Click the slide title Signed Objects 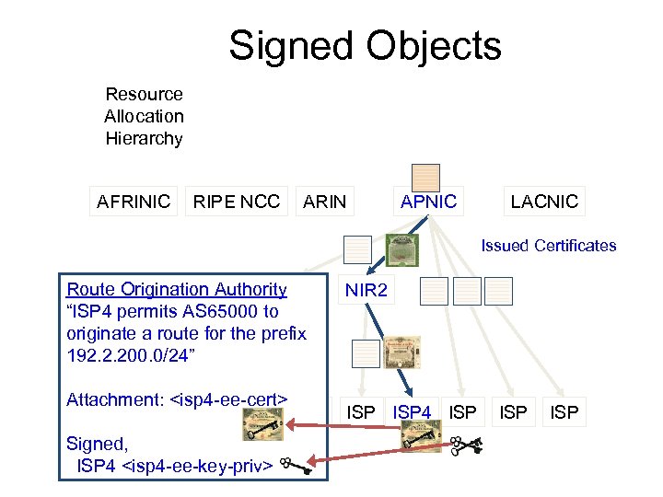tap(365, 46)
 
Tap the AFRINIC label tap(134, 201)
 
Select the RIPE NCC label tap(237, 201)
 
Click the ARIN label tap(325, 201)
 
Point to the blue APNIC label tap(428, 201)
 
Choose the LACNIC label tap(544, 201)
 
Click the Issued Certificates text tap(549, 246)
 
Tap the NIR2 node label tap(366, 292)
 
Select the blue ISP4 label tap(413, 412)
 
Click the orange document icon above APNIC tap(425, 177)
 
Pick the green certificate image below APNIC tap(402, 248)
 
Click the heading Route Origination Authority tap(177, 290)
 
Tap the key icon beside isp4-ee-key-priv tap(297, 467)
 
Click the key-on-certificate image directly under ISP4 tap(422, 441)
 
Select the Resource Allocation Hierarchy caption tap(144, 117)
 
